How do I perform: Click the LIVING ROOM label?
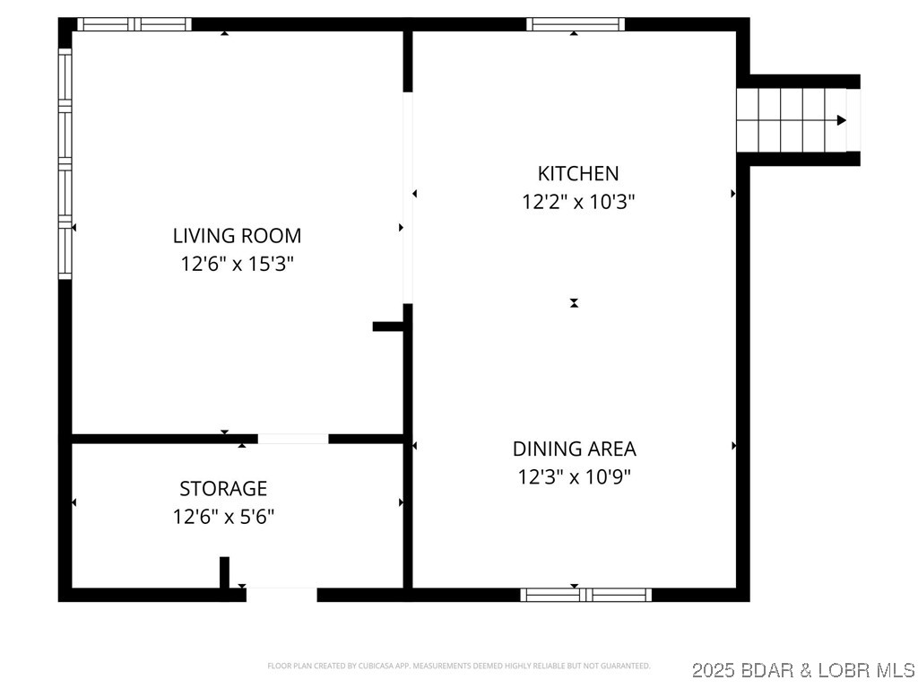(237, 236)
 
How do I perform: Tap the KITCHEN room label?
(577, 173)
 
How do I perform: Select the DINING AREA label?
(574, 449)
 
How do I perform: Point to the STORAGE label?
(223, 489)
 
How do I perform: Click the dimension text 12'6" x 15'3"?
(237, 265)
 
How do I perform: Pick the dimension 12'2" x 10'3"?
(578, 202)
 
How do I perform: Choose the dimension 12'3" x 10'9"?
(574, 477)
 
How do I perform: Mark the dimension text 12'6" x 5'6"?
(223, 517)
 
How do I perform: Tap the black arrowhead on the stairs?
(841, 120)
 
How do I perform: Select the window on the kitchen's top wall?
(576, 24)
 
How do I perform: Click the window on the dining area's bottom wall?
(586, 594)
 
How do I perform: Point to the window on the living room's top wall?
(134, 24)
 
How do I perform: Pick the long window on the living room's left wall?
(65, 163)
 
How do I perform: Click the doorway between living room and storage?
(293, 439)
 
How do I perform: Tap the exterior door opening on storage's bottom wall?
(281, 593)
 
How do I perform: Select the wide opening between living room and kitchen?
(408, 197)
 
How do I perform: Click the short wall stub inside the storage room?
(224, 572)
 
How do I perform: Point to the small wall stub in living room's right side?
(388, 327)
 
